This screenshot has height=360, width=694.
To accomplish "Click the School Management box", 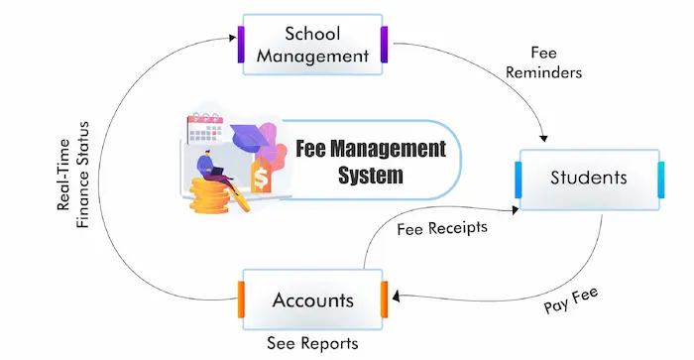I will (312, 45).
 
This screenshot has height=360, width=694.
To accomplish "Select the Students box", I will (588, 179).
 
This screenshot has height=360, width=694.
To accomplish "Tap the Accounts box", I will (311, 300).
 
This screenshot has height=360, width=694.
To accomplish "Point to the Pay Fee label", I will (571, 301).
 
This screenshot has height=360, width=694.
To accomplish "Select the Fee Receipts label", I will (442, 228).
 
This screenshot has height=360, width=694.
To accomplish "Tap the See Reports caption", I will (312, 344).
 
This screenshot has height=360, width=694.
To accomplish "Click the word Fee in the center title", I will (314, 151).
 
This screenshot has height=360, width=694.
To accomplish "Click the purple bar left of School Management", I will (240, 45).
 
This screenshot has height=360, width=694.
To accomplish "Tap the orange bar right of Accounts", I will (383, 300).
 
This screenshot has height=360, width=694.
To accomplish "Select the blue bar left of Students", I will (517, 179).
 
